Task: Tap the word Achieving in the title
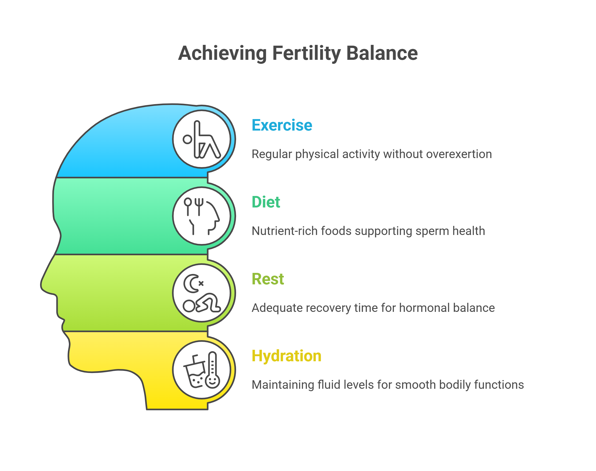click(222, 53)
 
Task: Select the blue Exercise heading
click(282, 125)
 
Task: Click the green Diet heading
click(266, 202)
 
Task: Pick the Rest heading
click(268, 279)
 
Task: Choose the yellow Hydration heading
click(286, 356)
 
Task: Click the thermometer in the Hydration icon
click(212, 370)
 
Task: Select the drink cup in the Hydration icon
click(195, 374)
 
